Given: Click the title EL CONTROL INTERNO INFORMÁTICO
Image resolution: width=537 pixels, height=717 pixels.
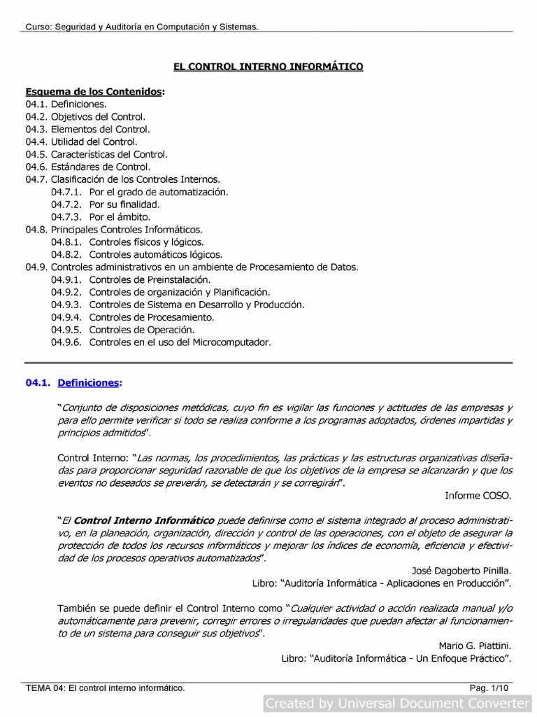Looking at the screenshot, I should (268, 67).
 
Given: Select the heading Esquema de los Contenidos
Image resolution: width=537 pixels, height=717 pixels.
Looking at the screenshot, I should (95, 92).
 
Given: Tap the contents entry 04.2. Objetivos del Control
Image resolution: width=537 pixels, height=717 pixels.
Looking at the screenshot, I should (85, 117).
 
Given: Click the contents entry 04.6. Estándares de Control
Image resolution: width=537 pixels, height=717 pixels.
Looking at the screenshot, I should (87, 167).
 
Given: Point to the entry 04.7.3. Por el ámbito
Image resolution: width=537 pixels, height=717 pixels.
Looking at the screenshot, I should (100, 217).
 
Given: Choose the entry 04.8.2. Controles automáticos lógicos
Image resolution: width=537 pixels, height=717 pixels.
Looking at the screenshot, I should (136, 254).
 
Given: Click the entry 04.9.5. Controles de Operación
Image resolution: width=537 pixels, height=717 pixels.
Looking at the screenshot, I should (122, 330).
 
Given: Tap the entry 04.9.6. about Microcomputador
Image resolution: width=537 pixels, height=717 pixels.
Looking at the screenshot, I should (160, 342).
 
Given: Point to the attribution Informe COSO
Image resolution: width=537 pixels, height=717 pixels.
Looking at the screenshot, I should (478, 496).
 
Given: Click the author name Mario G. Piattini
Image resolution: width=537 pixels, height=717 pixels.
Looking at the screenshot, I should (475, 646).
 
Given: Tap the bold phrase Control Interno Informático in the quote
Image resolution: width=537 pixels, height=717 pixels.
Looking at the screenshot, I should (144, 520).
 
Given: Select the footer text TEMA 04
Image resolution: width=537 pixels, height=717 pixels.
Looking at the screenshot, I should (105, 689).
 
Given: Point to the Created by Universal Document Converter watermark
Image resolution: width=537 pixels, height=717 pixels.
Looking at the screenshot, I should (398, 703).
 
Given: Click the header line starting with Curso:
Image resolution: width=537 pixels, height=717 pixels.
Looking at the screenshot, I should (142, 27).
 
